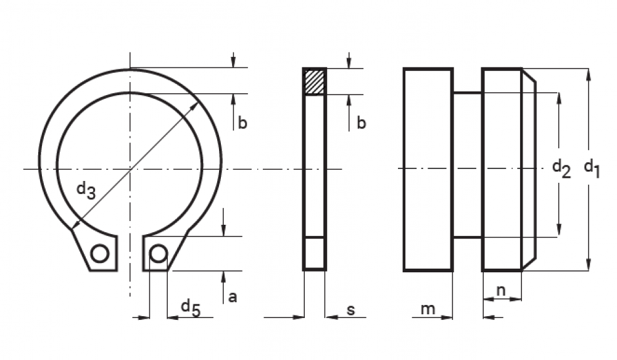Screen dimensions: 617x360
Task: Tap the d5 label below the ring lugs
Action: (x=191, y=308)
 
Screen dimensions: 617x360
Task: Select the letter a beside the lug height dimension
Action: (x=233, y=297)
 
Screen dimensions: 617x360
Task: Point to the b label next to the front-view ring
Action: (x=242, y=123)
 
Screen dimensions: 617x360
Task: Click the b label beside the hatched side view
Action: (x=361, y=123)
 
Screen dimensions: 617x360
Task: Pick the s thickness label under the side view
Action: (x=350, y=310)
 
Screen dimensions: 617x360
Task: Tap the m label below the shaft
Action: (x=428, y=309)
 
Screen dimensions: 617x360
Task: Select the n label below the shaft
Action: (x=501, y=291)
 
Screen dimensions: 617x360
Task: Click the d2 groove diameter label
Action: (x=561, y=169)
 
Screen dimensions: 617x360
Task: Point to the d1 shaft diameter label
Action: (x=592, y=169)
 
